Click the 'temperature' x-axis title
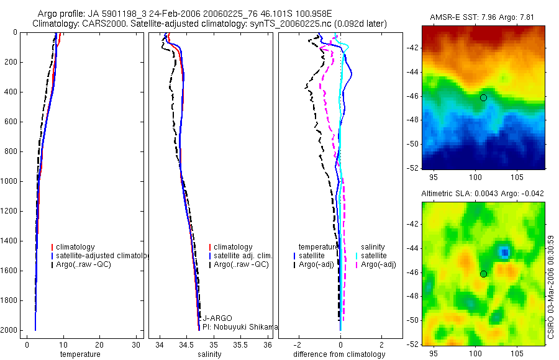point(80,354)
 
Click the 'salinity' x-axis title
point(209,354)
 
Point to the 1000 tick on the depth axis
point(10,181)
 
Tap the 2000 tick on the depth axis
point(10,330)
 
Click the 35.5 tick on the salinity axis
point(242,344)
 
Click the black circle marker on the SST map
point(483,97)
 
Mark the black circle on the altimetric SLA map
point(483,274)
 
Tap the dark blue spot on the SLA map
point(505,251)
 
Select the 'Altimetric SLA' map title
point(483,194)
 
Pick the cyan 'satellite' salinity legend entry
point(375,256)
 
